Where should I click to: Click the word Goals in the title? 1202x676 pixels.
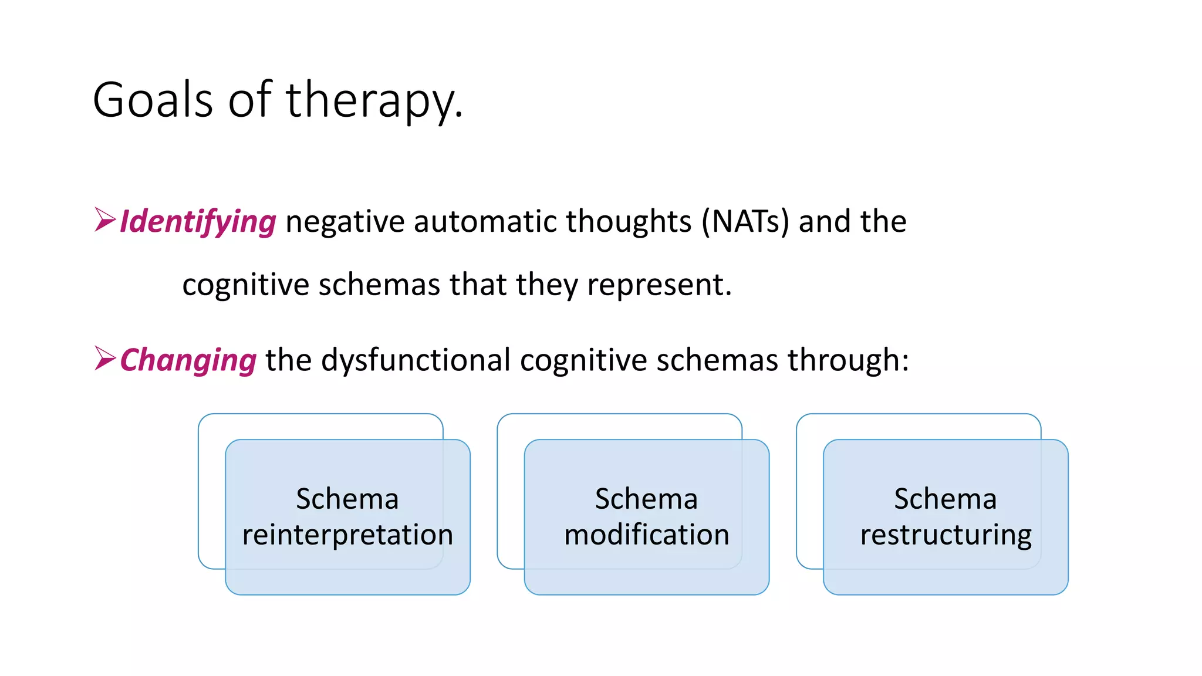click(153, 100)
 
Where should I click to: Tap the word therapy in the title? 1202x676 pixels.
click(370, 100)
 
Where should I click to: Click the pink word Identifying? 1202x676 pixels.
click(198, 222)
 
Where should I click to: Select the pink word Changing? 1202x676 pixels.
click(188, 360)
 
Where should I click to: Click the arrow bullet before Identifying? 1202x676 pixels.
click(105, 220)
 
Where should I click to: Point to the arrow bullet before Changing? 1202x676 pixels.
click(105, 358)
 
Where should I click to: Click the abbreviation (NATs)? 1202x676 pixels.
click(745, 222)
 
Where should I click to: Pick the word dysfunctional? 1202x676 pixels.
click(416, 360)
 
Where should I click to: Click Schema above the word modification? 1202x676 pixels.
click(646, 499)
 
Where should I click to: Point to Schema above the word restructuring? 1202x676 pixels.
click(945, 499)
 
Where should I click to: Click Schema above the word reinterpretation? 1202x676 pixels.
click(347, 499)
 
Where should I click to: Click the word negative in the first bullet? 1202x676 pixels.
click(345, 222)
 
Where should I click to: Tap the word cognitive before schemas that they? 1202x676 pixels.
click(245, 286)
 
